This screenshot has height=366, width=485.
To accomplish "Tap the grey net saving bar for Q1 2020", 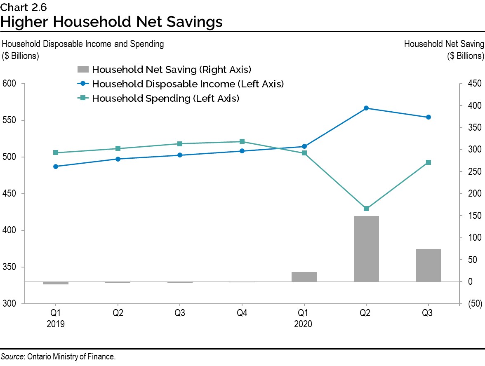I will [304, 277].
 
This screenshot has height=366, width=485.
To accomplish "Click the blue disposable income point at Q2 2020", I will [366, 108].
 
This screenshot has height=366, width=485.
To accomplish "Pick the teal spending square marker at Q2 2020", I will [366, 209].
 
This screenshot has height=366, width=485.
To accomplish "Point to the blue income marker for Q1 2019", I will [56, 167].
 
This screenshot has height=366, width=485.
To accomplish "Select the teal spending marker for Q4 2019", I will [242, 141].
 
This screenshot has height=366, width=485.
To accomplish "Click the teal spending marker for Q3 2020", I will [428, 162].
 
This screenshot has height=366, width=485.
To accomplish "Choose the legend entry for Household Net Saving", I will [171, 69].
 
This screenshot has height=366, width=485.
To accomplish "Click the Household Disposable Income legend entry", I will [188, 84].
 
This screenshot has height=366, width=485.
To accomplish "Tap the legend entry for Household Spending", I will [165, 99].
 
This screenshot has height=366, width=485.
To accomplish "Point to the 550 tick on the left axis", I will [9, 120].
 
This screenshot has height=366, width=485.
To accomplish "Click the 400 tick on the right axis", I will [474, 106].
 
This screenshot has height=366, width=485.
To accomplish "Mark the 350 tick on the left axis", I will [9, 267].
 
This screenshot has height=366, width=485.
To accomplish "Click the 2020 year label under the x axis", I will [304, 324].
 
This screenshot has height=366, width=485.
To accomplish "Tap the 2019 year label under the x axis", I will [56, 324].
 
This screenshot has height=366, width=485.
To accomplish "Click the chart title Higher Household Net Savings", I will [111, 22].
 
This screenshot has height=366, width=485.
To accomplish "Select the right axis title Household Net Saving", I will [443, 44].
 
